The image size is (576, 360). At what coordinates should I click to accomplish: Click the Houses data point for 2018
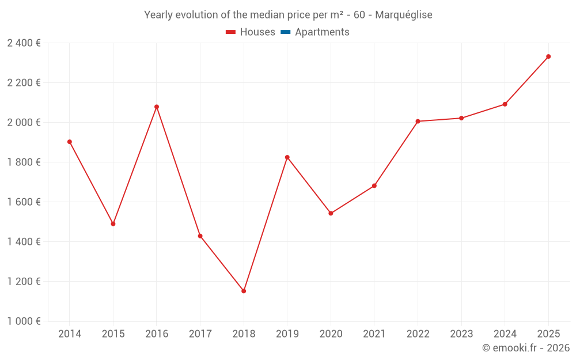click(244, 291)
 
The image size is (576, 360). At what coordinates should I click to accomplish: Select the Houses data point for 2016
click(157, 107)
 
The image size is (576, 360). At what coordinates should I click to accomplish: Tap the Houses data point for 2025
click(548, 56)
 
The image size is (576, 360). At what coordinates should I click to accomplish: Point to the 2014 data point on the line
click(70, 142)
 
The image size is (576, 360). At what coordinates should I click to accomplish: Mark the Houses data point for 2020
click(331, 213)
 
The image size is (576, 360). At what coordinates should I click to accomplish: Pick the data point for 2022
click(418, 122)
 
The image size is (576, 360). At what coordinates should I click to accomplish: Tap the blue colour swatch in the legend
click(285, 32)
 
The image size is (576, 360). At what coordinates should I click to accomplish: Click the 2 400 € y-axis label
click(24, 43)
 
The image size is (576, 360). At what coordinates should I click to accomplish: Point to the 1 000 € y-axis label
click(24, 321)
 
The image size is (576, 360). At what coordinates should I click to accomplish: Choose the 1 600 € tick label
click(24, 202)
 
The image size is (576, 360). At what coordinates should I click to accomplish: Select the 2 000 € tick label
click(24, 123)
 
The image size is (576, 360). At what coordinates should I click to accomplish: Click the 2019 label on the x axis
click(287, 334)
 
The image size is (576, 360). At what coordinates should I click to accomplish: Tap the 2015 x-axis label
click(113, 334)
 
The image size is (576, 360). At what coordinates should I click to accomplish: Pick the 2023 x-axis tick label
click(461, 334)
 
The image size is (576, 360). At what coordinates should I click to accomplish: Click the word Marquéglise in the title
click(403, 15)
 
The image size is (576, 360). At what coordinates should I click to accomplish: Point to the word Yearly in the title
click(160, 15)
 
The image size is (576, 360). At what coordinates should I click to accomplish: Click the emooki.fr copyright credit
click(526, 348)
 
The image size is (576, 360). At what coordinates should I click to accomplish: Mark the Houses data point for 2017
click(200, 236)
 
